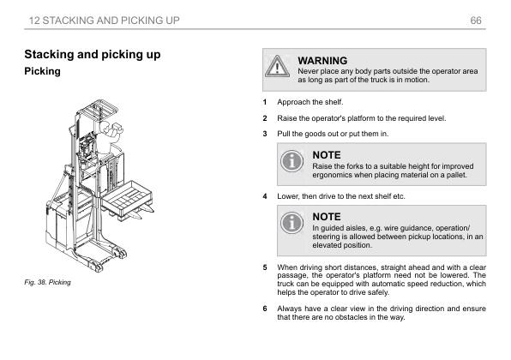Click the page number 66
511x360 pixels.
tap(476, 21)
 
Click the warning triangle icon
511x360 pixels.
tap(277, 66)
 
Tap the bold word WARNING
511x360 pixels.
tap(322, 61)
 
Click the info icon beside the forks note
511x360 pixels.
tap(292, 161)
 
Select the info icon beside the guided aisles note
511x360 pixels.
tap(292, 223)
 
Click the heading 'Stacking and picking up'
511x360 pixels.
tap(93, 54)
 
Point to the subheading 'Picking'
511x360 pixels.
tap(42, 71)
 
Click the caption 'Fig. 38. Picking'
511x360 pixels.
tap(47, 282)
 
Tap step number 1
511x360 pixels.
tap(265, 102)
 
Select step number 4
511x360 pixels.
tap(265, 196)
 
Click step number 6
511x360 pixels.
tap(265, 309)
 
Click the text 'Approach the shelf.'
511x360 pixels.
tap(310, 102)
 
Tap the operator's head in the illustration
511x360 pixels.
tap(105, 127)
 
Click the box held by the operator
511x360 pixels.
tap(117, 128)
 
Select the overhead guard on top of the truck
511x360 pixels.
tap(98, 109)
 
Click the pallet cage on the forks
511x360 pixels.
tap(128, 198)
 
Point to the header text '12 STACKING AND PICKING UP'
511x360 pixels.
tap(105, 21)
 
